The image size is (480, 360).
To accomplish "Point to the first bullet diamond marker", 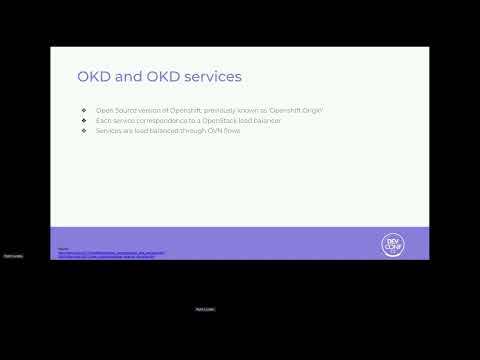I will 85,109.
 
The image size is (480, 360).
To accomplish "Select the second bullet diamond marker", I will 85,120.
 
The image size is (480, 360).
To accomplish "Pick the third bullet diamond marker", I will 85,130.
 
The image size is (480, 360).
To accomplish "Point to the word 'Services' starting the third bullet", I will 108,130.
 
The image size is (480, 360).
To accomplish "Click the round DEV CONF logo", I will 393,243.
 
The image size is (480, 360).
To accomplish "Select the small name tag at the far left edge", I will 13,256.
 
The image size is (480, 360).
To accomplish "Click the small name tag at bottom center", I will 204,309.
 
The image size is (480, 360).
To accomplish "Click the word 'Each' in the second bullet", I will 103,120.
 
